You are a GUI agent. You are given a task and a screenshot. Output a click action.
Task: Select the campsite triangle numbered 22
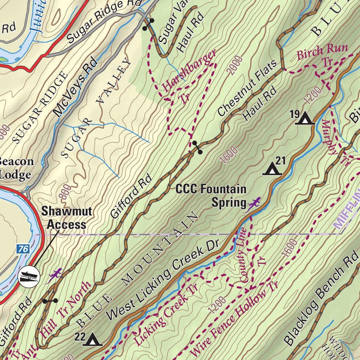[92, 340]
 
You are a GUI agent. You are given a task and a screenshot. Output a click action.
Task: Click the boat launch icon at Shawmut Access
[29, 276]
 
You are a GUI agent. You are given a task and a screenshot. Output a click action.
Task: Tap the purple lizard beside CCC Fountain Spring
[253, 204]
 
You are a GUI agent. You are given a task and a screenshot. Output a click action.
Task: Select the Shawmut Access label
[67, 218]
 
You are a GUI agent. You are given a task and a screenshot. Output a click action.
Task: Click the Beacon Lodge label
[16, 168]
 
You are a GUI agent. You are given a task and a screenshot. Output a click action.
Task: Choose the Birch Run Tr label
[322, 54]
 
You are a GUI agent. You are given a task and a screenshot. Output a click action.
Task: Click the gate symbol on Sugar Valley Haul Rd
[148, 24]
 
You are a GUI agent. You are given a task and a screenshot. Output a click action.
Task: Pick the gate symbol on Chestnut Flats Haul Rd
[197, 147]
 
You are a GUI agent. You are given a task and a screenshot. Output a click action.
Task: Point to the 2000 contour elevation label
[235, 65]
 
